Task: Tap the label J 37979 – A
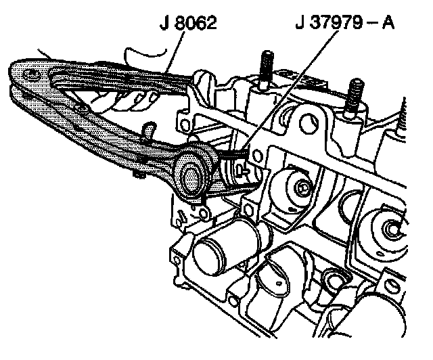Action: tap(346, 26)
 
